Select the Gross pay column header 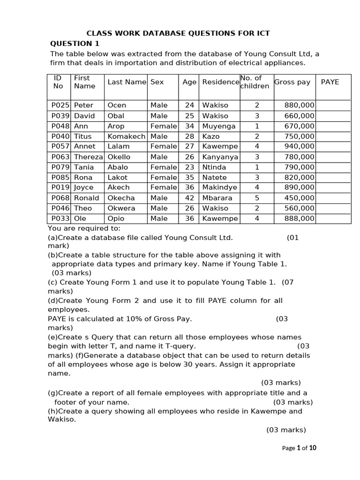(292, 82)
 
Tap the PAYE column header (330, 82)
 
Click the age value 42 (189, 198)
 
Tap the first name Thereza (88, 157)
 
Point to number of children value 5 (256, 198)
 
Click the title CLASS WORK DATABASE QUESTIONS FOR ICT (178, 33)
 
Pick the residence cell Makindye (219, 187)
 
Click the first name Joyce (84, 187)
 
